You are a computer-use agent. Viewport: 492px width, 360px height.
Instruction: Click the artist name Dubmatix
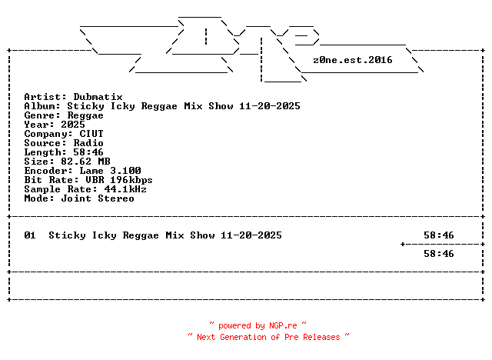tap(98, 97)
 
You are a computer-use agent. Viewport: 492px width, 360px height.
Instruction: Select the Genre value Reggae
tap(85, 115)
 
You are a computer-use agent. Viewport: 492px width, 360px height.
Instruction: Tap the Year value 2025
tap(73, 125)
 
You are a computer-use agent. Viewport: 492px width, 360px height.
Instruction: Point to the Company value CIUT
tap(91, 134)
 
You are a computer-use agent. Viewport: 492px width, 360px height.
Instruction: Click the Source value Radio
tap(88, 143)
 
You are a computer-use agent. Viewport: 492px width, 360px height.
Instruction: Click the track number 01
tap(30, 235)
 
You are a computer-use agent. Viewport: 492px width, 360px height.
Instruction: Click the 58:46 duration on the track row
tap(438, 235)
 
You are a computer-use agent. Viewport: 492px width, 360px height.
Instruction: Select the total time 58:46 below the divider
tap(438, 254)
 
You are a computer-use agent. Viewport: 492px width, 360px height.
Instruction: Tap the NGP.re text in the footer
tap(283, 326)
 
